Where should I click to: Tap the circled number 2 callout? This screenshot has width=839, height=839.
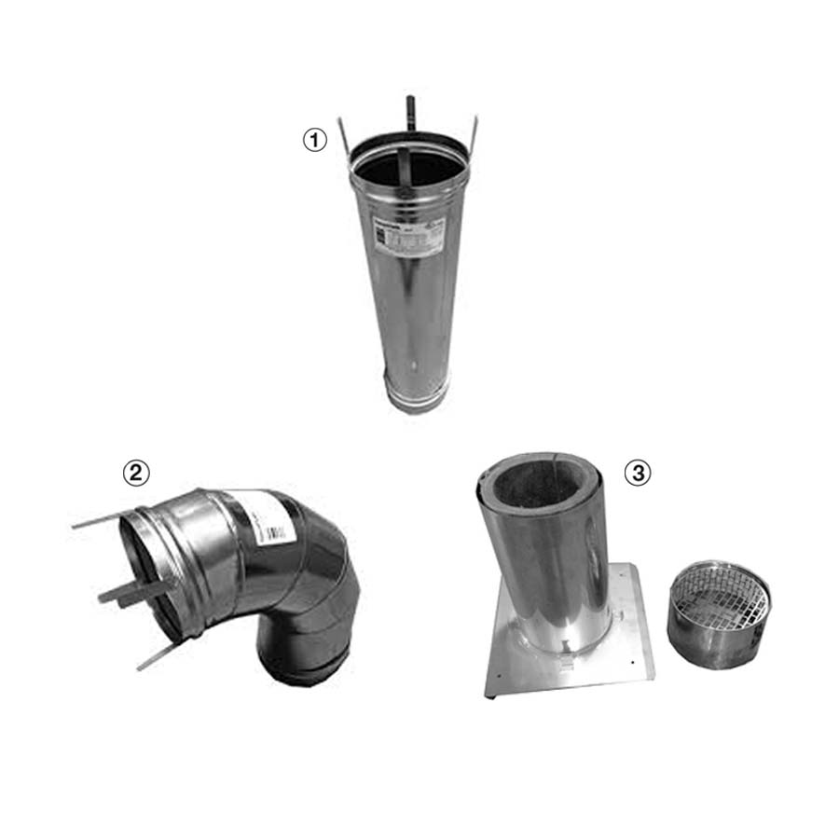[136, 473]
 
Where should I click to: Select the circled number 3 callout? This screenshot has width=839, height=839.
[638, 473]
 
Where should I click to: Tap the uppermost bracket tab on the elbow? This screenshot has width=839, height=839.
[99, 519]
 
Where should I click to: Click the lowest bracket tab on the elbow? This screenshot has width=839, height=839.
[156, 655]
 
